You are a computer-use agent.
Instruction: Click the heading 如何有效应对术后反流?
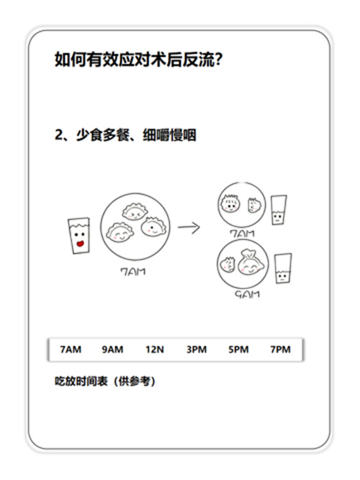[138, 59]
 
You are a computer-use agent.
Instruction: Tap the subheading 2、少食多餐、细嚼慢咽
[125, 135]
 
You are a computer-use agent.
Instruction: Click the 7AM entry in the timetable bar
[71, 350]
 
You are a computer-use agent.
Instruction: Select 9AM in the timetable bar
[112, 350]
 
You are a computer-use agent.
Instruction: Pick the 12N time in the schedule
[155, 350]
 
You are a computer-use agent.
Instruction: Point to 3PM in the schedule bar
[197, 350]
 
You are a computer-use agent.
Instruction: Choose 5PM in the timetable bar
[238, 350]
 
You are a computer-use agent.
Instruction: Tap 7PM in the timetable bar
[281, 350]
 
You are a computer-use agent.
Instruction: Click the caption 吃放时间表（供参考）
[105, 381]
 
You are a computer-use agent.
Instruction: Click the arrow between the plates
[189, 228]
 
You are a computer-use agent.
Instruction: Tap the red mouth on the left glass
[80, 244]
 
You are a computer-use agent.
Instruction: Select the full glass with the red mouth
[79, 236]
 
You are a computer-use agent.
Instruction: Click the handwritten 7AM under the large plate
[133, 272]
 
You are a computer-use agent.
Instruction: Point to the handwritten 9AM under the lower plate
[247, 295]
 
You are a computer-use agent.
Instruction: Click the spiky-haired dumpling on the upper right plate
[230, 203]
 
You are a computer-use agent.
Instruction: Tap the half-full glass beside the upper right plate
[279, 210]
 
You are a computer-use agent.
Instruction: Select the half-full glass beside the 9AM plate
[283, 268]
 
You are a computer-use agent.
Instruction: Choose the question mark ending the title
[218, 59]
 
